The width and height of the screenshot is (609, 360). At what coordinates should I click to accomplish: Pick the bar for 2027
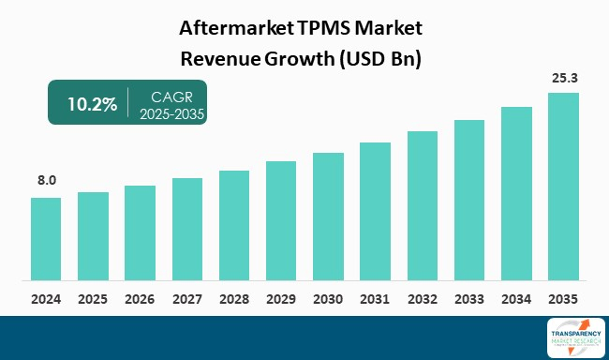[x=187, y=229]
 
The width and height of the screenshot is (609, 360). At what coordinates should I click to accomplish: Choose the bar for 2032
[x=423, y=205]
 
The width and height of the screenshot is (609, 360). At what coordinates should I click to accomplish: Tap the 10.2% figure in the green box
[x=92, y=104]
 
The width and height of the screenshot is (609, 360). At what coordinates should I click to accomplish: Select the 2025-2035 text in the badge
[x=171, y=113]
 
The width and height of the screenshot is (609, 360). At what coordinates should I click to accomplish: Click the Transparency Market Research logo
[x=573, y=337]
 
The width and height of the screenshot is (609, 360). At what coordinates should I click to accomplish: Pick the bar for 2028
[x=234, y=225]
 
